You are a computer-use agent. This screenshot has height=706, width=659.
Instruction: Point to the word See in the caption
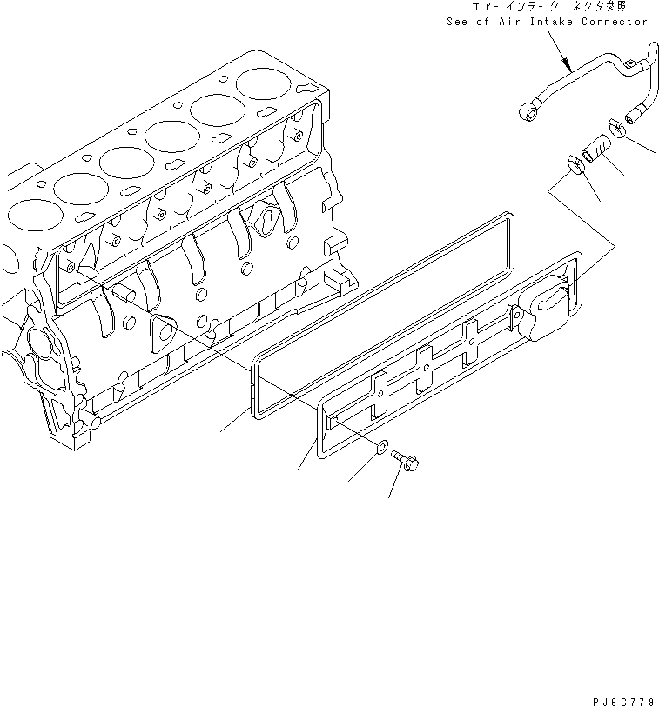(x=458, y=21)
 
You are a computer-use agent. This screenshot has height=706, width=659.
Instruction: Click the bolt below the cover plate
(x=406, y=462)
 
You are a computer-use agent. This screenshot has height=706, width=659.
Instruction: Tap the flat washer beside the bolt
(x=382, y=449)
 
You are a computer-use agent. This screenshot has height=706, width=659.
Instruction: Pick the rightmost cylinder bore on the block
(x=265, y=83)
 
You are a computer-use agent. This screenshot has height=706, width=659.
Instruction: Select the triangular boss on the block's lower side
(x=162, y=331)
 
